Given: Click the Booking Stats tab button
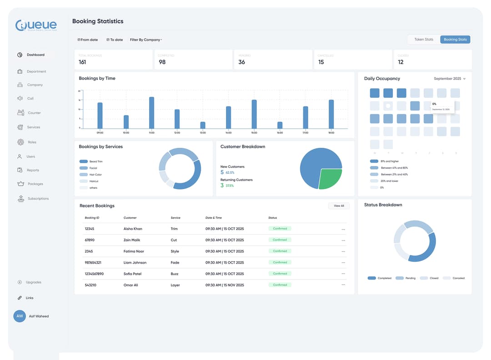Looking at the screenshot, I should click(x=455, y=40).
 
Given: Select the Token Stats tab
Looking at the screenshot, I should click(x=424, y=40).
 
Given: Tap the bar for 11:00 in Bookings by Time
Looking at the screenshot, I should click(x=151, y=113).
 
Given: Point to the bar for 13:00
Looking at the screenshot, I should click(x=203, y=125).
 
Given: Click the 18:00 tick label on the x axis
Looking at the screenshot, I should click(x=331, y=133).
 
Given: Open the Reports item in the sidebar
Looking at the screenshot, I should click(x=33, y=170).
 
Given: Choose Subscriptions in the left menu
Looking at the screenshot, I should click(x=38, y=199).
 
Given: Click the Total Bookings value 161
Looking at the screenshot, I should click(x=82, y=62).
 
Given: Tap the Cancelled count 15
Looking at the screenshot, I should click(x=321, y=62).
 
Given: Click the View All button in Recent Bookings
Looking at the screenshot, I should click(x=339, y=206).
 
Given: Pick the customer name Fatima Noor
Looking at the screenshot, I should click(x=134, y=251).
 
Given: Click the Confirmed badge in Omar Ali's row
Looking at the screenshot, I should click(x=280, y=285).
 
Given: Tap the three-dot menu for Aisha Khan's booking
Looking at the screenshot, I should click(x=343, y=229).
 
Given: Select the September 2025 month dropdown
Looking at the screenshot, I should click(x=449, y=79).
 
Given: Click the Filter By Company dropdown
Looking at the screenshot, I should click(x=146, y=40).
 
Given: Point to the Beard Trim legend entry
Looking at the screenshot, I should click(x=96, y=161).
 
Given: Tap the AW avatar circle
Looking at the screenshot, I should click(x=20, y=316).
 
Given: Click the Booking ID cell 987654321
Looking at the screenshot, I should click(x=93, y=263).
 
